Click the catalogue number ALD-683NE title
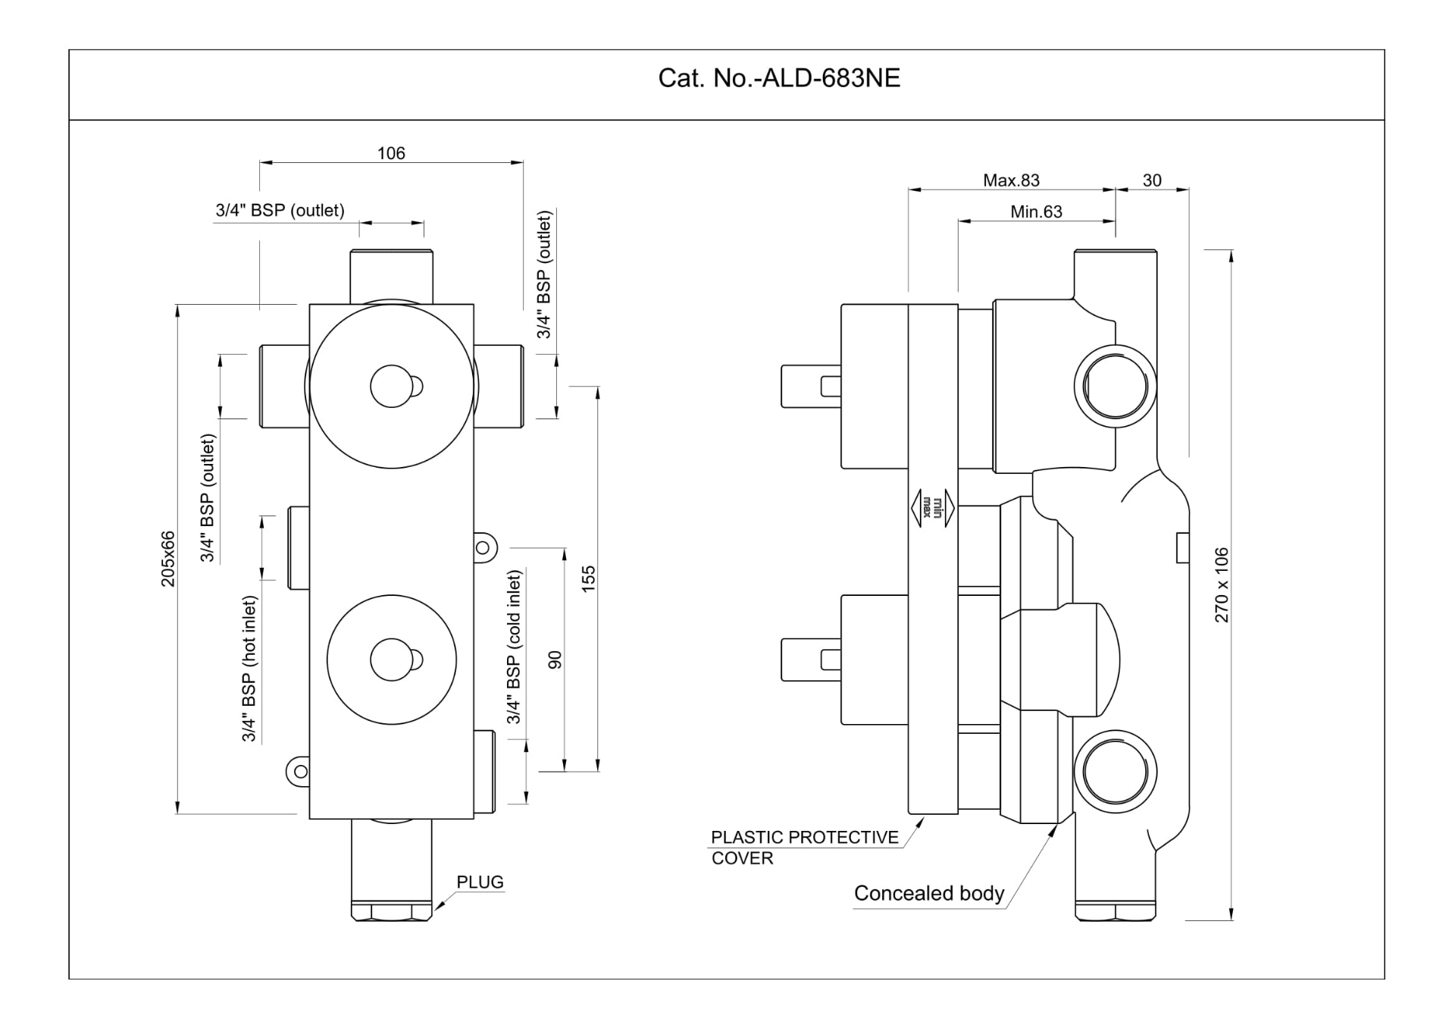click(x=778, y=79)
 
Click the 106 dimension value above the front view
click(x=391, y=154)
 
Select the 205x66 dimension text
click(x=168, y=559)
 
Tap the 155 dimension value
click(x=589, y=578)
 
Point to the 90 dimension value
click(x=555, y=660)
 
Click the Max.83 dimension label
click(x=1011, y=180)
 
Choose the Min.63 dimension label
click(x=1036, y=212)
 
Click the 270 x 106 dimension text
click(x=1222, y=585)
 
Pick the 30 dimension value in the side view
click(x=1152, y=180)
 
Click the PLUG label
click(x=480, y=882)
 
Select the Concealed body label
click(x=928, y=894)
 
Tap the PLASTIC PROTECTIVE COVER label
click(x=804, y=848)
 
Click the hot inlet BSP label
click(x=250, y=669)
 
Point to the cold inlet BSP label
click(x=514, y=647)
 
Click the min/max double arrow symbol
click(x=932, y=507)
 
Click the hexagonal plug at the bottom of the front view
click(x=391, y=910)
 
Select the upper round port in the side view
click(x=1115, y=386)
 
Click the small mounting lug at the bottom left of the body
click(x=299, y=772)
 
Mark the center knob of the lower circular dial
click(x=392, y=660)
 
